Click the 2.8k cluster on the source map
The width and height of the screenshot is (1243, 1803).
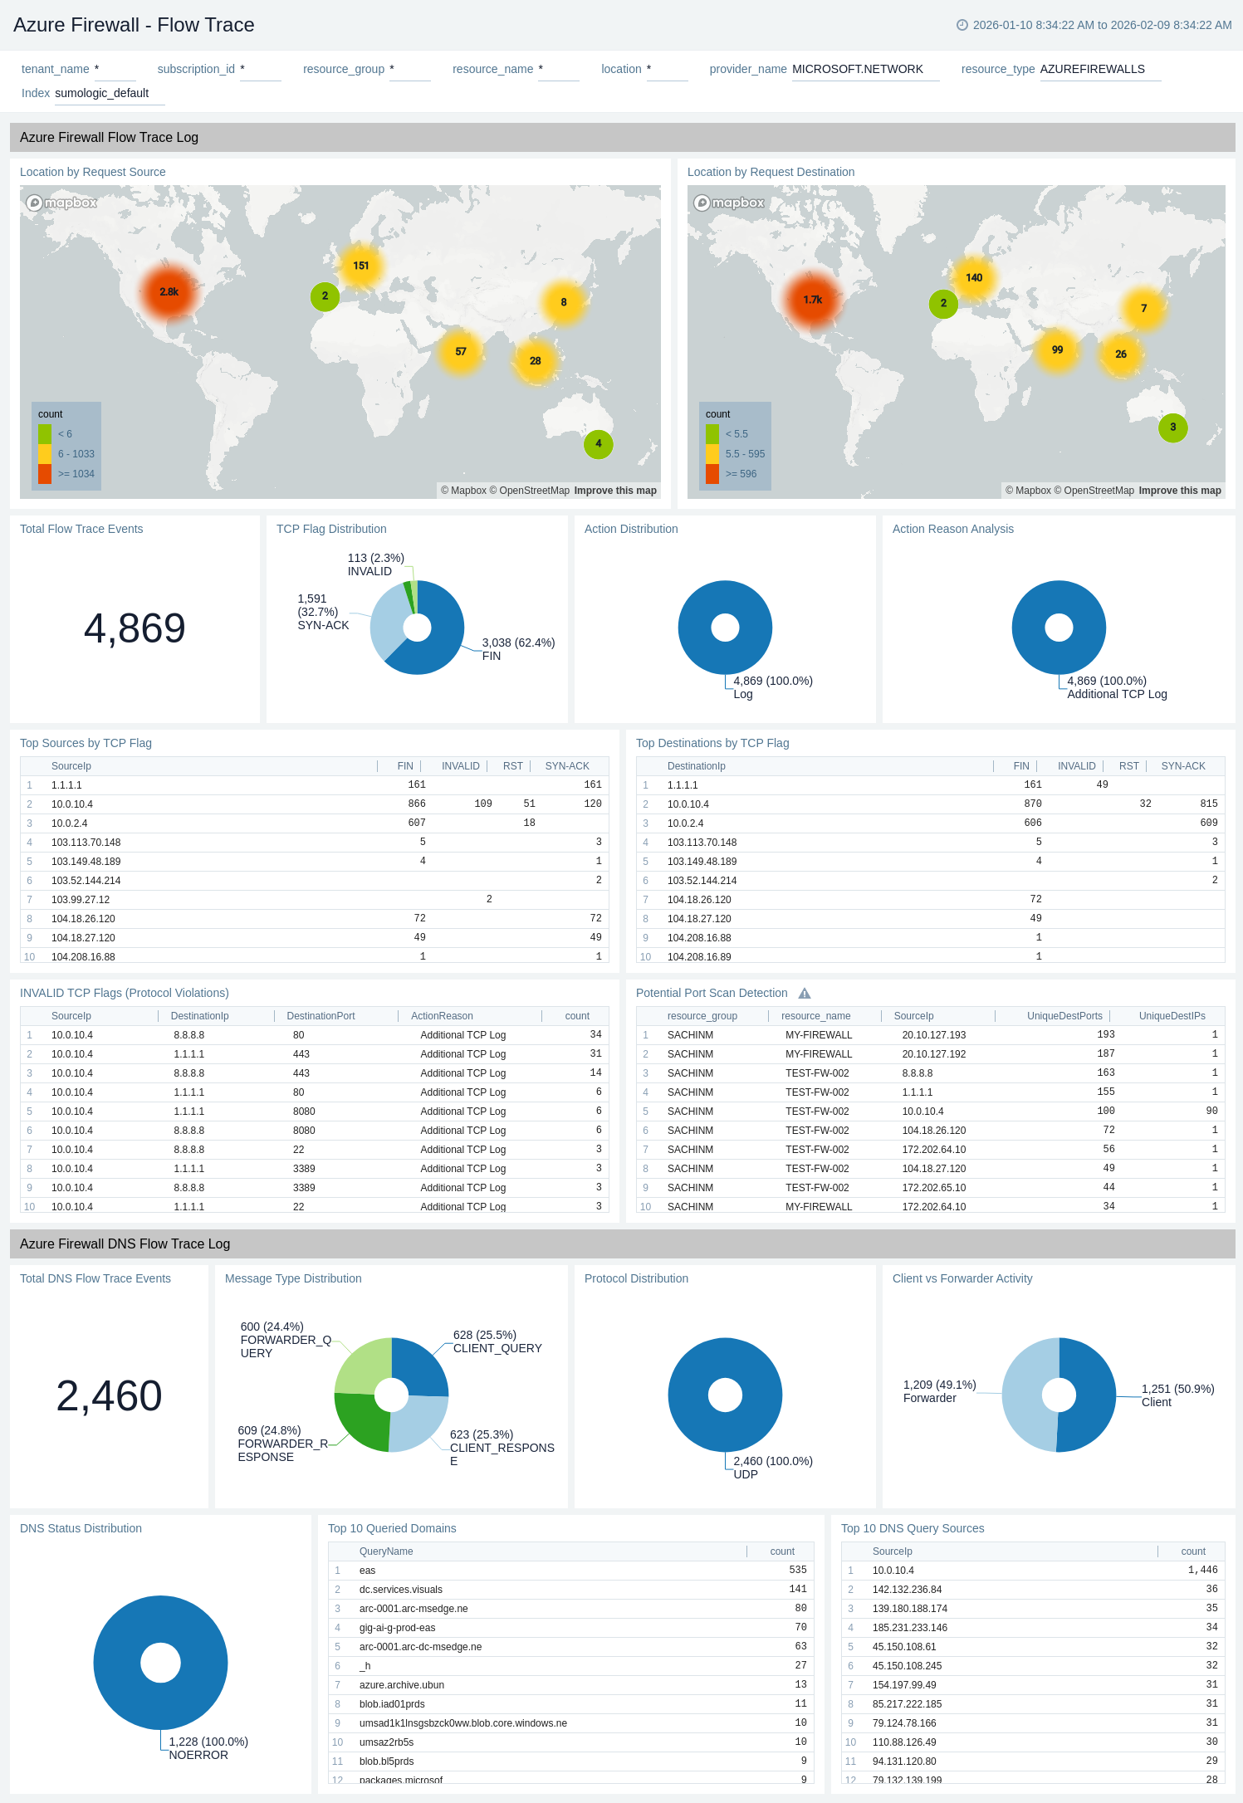pos(169,292)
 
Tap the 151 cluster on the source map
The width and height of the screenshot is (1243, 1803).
pos(360,266)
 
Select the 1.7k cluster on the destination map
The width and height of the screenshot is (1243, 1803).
pos(813,300)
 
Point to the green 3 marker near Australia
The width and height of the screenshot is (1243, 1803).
pos(1172,428)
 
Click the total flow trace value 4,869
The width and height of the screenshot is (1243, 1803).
pos(135,628)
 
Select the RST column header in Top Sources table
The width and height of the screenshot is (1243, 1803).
pos(512,766)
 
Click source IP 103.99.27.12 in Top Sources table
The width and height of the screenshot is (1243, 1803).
pos(81,900)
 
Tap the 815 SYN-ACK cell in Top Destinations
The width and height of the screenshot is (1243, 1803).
pos(1208,804)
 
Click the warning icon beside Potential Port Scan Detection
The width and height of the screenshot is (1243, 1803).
pos(805,994)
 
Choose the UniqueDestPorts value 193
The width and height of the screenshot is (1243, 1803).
pos(1105,1035)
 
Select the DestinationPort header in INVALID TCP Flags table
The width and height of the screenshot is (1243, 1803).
pos(321,1016)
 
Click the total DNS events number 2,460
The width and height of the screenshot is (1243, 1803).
pos(109,1396)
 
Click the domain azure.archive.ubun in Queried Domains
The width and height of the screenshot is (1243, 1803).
pos(402,1685)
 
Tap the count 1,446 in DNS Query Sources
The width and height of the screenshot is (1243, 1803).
pos(1202,1571)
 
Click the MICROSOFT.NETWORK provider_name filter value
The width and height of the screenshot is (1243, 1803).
pos(857,70)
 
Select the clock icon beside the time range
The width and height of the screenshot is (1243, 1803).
pos(962,26)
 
